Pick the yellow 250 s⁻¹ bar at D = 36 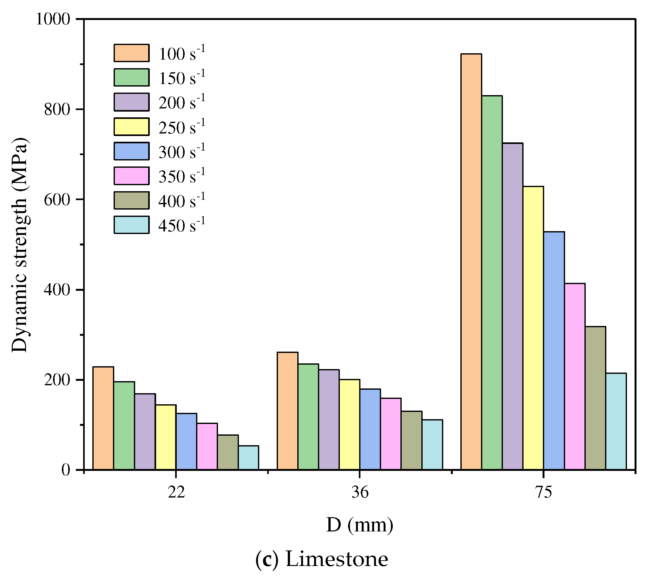point(349,424)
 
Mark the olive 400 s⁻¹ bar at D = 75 point(595,398)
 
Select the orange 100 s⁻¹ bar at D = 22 point(103,418)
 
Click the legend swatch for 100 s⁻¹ point(131,53)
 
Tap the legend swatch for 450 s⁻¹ point(131,225)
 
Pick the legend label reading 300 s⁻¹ point(182,152)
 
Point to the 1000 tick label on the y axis point(53,19)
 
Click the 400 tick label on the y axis point(57,290)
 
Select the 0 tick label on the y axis point(66,470)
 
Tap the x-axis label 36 point(360,492)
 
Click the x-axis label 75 point(544,492)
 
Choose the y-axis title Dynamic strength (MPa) point(20,245)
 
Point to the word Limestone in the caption point(337,559)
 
